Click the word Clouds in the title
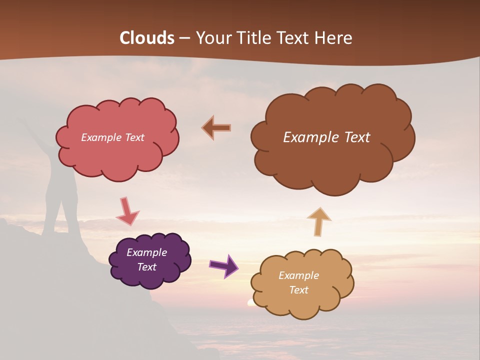(x=147, y=38)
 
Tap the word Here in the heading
(x=334, y=38)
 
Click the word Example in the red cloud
(x=100, y=137)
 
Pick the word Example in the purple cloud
(x=146, y=252)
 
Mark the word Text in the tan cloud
(x=298, y=290)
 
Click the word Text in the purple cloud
(x=146, y=267)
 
